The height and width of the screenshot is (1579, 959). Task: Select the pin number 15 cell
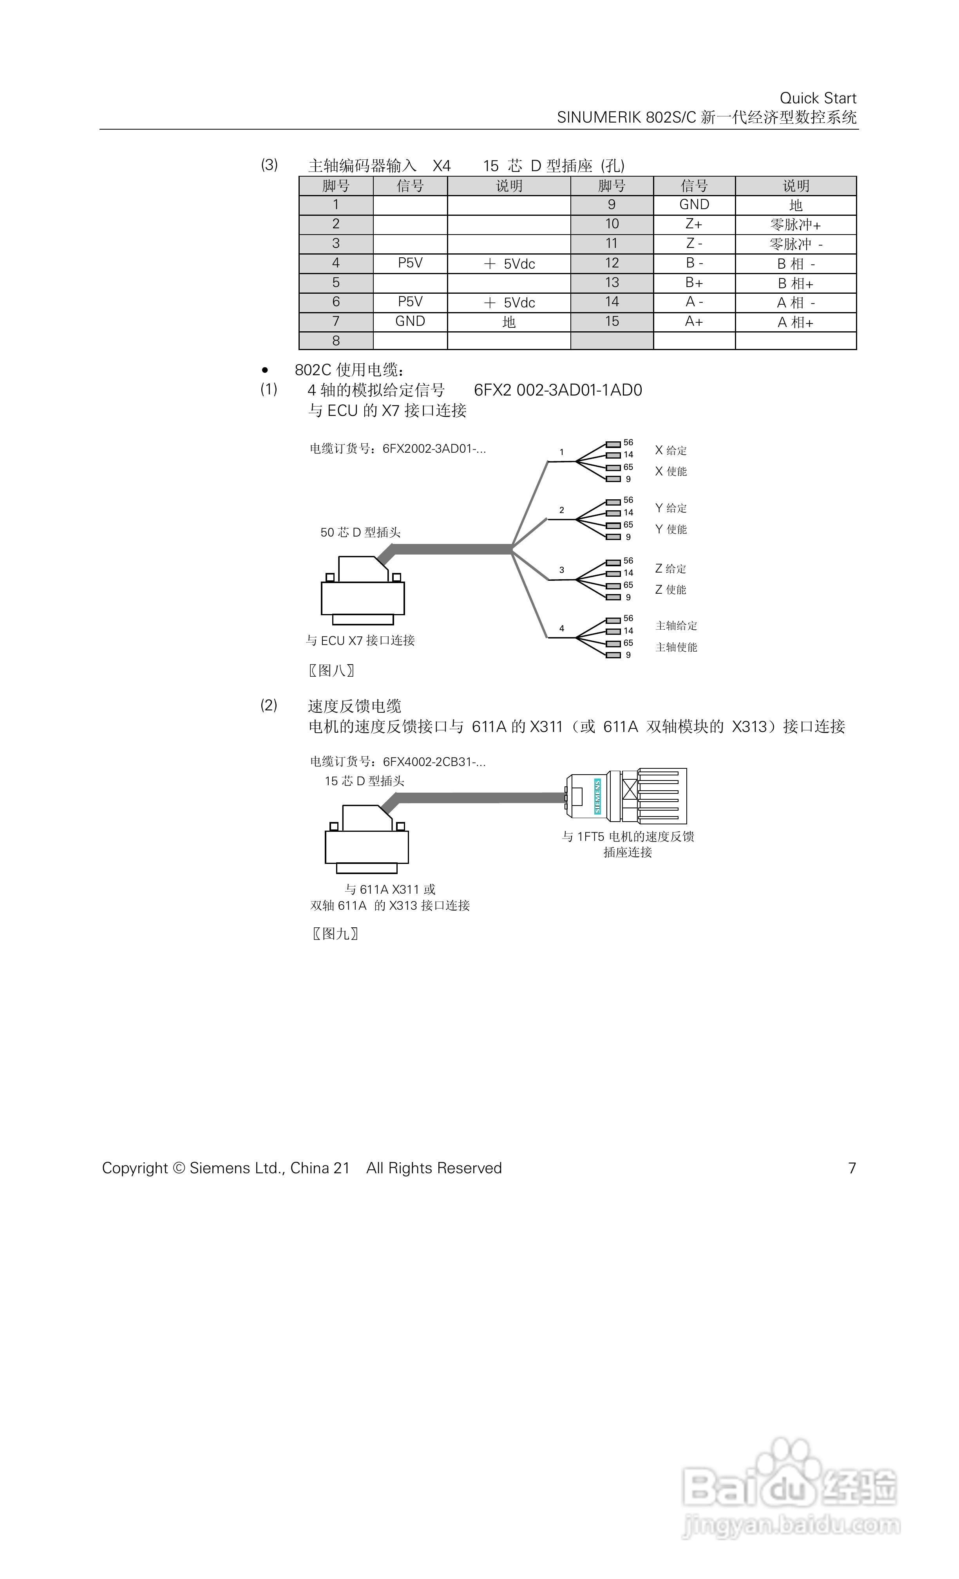point(612,322)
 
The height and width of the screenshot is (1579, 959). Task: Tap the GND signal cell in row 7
point(410,322)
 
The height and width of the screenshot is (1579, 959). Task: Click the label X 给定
point(671,450)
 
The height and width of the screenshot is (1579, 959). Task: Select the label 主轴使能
point(676,647)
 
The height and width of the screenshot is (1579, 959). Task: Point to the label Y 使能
point(671,529)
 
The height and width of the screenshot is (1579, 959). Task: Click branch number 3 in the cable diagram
point(561,570)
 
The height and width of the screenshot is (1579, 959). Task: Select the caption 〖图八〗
point(331,671)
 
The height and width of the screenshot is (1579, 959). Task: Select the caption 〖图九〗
point(335,934)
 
